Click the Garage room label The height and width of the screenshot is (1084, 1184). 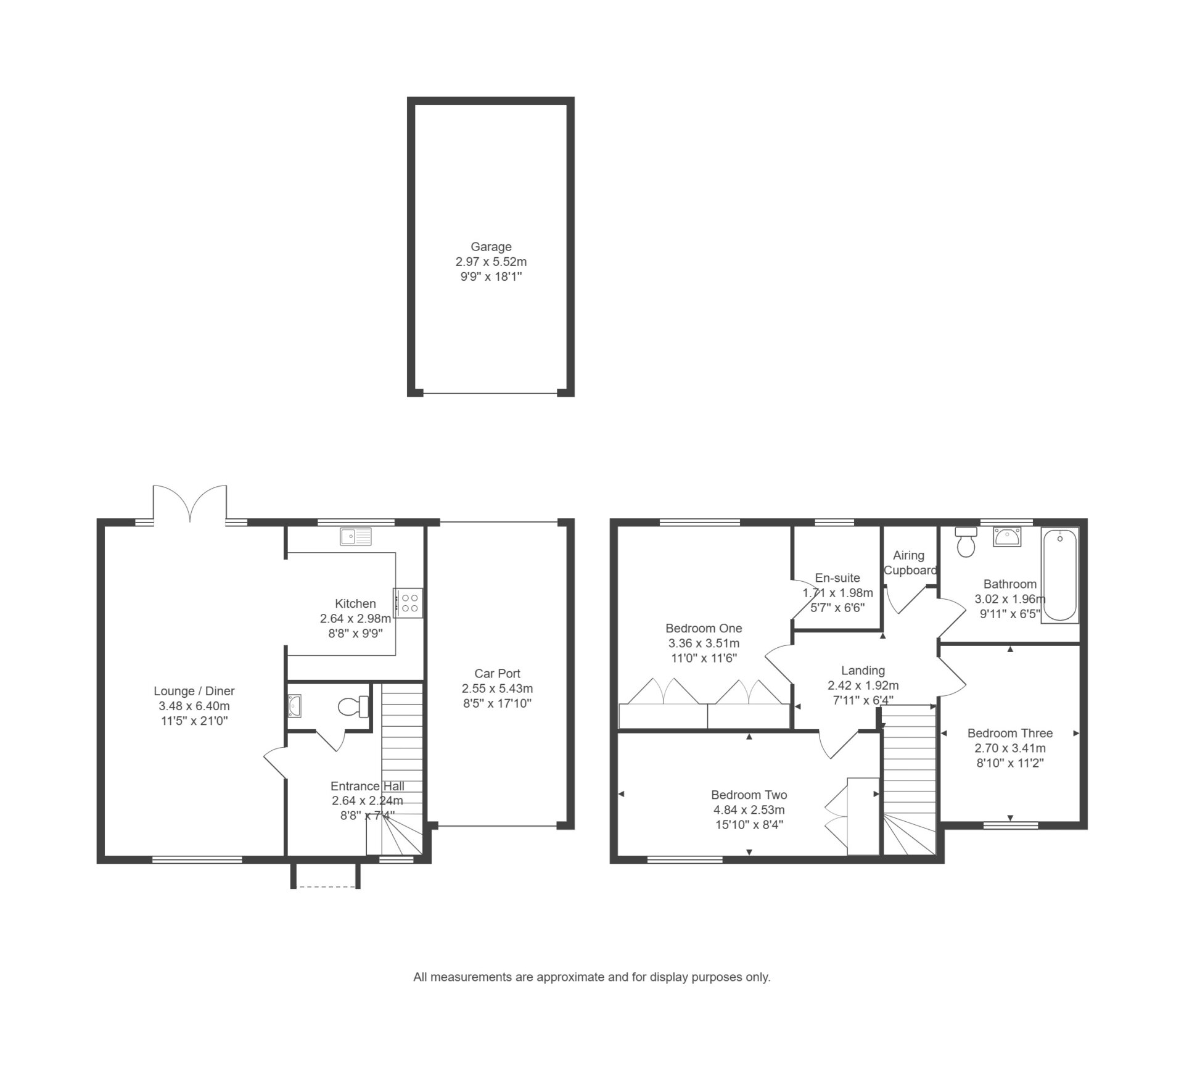tap(491, 247)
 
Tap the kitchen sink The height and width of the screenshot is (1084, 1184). tap(356, 537)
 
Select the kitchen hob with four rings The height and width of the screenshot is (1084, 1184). tap(409, 603)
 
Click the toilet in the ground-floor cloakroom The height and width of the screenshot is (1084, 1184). tap(354, 707)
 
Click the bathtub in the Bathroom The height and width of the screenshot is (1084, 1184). tap(1059, 575)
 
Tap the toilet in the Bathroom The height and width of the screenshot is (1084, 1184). tap(965, 541)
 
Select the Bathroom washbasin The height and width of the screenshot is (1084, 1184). tap(1007, 537)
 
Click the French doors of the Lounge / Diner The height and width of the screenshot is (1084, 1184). tap(190, 505)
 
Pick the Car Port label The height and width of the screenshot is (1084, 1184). tap(497, 674)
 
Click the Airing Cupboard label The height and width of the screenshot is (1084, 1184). tap(910, 563)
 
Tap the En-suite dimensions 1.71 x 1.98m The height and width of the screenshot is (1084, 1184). tap(837, 593)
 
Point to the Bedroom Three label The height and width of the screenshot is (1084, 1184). tap(1010, 733)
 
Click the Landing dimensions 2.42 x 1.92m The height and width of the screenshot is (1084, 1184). tap(863, 685)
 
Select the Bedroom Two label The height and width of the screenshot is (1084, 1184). tap(749, 795)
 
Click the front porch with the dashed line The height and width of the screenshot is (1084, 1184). tap(326, 875)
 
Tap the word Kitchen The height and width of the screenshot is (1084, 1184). tap(355, 603)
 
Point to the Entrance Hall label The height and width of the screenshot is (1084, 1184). tap(368, 786)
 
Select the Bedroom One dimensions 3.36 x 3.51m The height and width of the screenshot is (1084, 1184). tap(704, 643)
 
